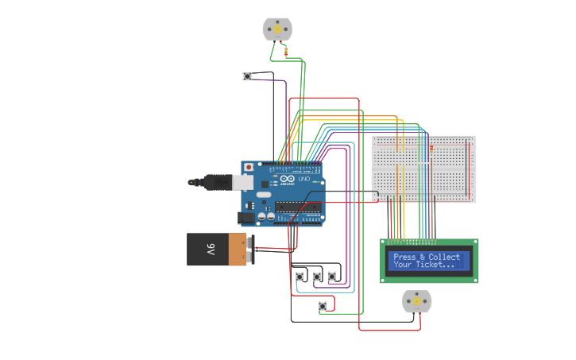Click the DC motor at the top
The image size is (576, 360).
tap(277, 29)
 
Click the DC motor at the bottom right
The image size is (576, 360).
tap(416, 302)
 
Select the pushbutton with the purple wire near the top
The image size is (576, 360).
tap(247, 76)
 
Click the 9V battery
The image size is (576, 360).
tap(216, 249)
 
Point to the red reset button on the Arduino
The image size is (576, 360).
tap(249, 168)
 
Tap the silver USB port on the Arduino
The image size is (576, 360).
tap(243, 182)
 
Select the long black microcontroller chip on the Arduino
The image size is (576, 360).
tap(298, 207)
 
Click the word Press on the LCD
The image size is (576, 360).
tap(404, 257)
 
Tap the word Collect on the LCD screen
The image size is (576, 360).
tap(444, 257)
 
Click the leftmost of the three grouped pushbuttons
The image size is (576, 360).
tap(300, 277)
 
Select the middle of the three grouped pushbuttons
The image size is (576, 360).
tap(317, 277)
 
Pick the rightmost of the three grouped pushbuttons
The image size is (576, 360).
tap(332, 276)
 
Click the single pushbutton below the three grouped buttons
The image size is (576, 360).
tap(322, 306)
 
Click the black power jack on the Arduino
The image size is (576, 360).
tap(246, 215)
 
